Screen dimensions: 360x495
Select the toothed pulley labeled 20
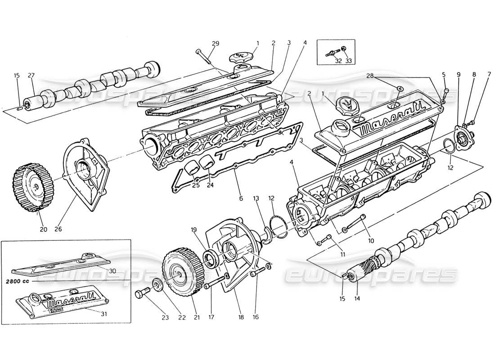point(32,189)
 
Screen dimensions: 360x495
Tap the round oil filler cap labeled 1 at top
point(241,58)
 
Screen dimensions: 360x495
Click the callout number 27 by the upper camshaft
point(31,76)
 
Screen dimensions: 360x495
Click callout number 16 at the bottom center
point(256,317)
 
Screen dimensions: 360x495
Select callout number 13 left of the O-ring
point(256,198)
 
